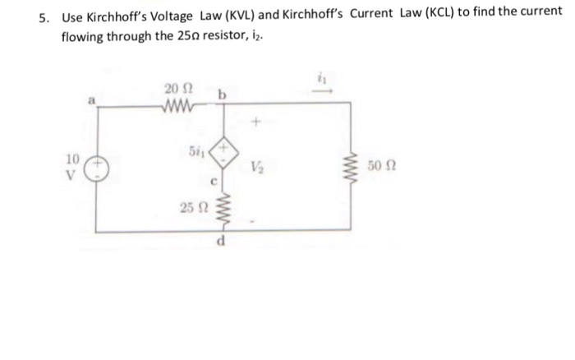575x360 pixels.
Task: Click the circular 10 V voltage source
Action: pos(98,167)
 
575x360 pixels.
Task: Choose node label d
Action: pos(222,241)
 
